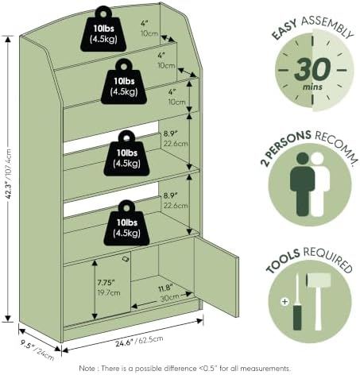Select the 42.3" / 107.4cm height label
pyautogui.click(x=9, y=174)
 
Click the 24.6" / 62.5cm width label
pyautogui.click(x=139, y=341)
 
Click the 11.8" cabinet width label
pyautogui.click(x=165, y=288)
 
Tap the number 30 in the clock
pyautogui.click(x=312, y=69)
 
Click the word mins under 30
pyautogui.click(x=312, y=87)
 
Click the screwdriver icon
pyautogui.click(x=297, y=302)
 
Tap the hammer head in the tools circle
pyautogui.click(x=319, y=280)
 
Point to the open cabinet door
pyautogui.click(x=216, y=276)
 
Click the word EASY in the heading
pyautogui.click(x=285, y=29)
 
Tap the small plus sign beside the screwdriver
pyautogui.click(x=285, y=301)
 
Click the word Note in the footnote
pyautogui.click(x=87, y=369)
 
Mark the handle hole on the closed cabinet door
pyautogui.click(x=126, y=259)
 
